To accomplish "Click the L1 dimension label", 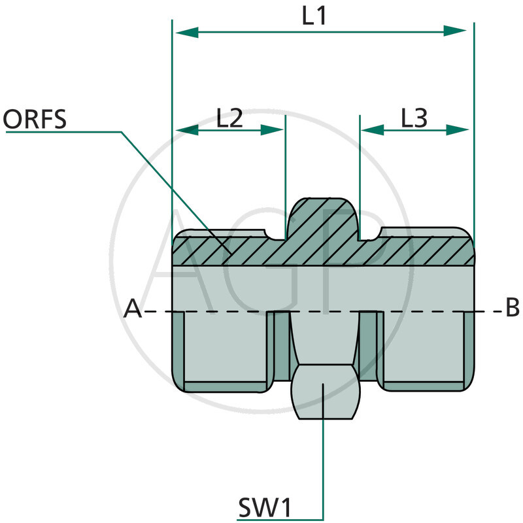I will tap(314, 16).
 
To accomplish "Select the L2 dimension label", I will tap(229, 118).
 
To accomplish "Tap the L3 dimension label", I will tap(414, 118).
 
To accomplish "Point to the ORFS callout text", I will tap(35, 120).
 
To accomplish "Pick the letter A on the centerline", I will tap(133, 309).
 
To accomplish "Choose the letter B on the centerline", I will tap(512, 308).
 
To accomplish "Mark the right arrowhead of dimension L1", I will tap(460, 31).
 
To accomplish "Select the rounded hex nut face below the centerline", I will tap(324, 392).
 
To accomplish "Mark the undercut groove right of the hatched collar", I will tap(371, 234).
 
